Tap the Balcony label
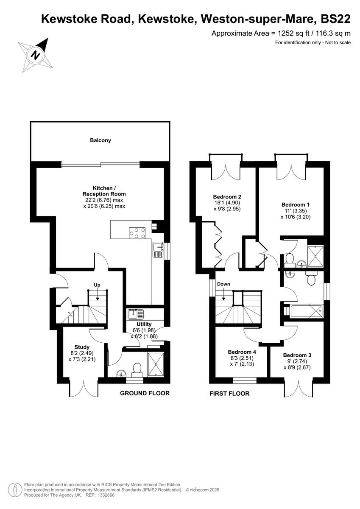pos(100,140)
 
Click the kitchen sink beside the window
pos(158,249)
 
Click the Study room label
pos(82,346)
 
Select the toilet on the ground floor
pos(137,369)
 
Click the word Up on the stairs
pos(97,285)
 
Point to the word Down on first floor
pos(223,284)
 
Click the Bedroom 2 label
pos(227,197)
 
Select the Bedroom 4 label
pos(242,352)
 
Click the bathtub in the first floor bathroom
pos(305,311)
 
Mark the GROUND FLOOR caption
pos(145,393)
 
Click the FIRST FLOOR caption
pos(229,393)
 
